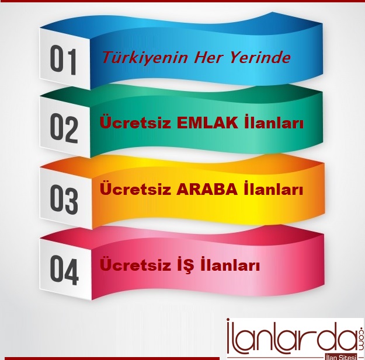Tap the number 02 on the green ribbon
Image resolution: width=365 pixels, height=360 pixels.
click(x=64, y=128)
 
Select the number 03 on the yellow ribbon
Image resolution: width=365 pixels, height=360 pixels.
click(x=64, y=200)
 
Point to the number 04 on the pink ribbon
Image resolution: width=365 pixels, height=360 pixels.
click(x=64, y=271)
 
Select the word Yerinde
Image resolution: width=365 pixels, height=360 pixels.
click(x=259, y=57)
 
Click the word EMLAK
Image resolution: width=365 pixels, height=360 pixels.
click(x=207, y=124)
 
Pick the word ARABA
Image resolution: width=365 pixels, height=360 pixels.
click(x=207, y=190)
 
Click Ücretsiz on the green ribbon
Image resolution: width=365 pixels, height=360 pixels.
click(x=135, y=123)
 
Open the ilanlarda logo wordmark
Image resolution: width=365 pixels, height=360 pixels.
click(x=291, y=336)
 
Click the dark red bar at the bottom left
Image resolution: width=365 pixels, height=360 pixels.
click(x=112, y=358)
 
